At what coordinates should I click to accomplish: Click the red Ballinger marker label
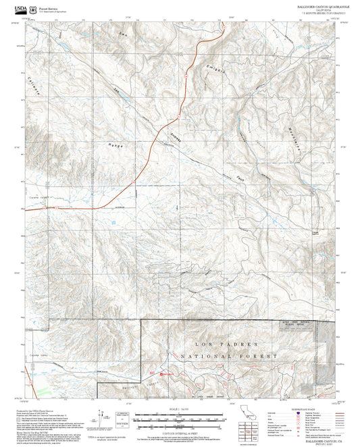[x=167, y=373]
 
